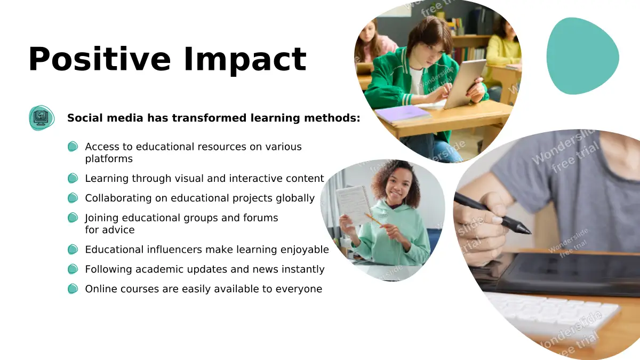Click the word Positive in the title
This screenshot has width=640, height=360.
point(99,59)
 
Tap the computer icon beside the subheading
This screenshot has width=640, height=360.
point(42,118)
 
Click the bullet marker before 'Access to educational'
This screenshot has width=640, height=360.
point(73,147)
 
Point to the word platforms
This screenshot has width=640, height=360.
point(109,159)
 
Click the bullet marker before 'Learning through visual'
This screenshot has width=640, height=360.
point(73,178)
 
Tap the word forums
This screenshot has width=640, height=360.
point(261,218)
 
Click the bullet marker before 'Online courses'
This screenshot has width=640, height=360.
point(73,289)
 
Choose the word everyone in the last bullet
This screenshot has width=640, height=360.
point(299,289)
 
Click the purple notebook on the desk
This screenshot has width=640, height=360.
point(403,114)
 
